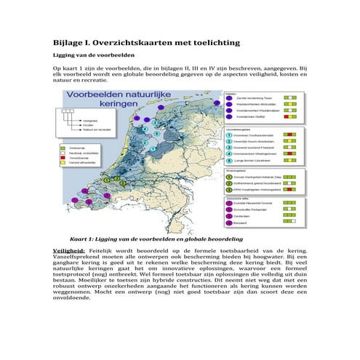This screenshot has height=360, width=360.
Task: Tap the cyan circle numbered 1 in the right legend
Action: point(230,134)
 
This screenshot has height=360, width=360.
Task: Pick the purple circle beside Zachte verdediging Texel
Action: point(230,97)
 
